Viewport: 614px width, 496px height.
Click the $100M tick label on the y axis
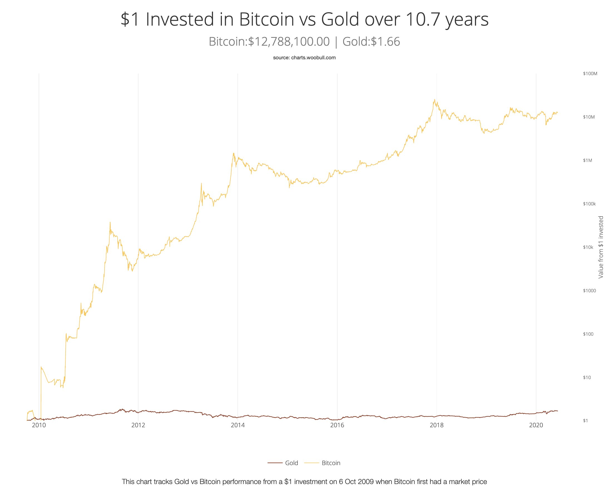coord(590,74)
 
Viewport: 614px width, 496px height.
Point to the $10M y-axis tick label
coord(589,117)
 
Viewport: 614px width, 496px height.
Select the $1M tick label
coord(588,161)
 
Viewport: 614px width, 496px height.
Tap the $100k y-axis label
coord(589,204)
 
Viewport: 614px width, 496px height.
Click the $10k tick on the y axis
coord(588,247)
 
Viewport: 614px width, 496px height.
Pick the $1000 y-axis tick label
coord(589,291)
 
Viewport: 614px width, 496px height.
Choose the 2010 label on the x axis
coord(39,425)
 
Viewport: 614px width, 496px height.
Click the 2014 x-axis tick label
coord(238,425)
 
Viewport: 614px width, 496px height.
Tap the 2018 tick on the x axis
coord(437,425)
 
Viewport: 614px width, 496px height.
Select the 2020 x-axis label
coord(536,425)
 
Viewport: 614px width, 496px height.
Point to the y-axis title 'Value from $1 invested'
coord(601,247)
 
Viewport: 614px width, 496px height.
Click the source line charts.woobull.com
coord(304,58)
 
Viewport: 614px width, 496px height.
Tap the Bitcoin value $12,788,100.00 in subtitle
coord(289,42)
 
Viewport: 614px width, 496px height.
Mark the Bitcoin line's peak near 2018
coord(434,100)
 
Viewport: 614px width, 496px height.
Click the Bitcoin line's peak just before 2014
coord(234,153)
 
